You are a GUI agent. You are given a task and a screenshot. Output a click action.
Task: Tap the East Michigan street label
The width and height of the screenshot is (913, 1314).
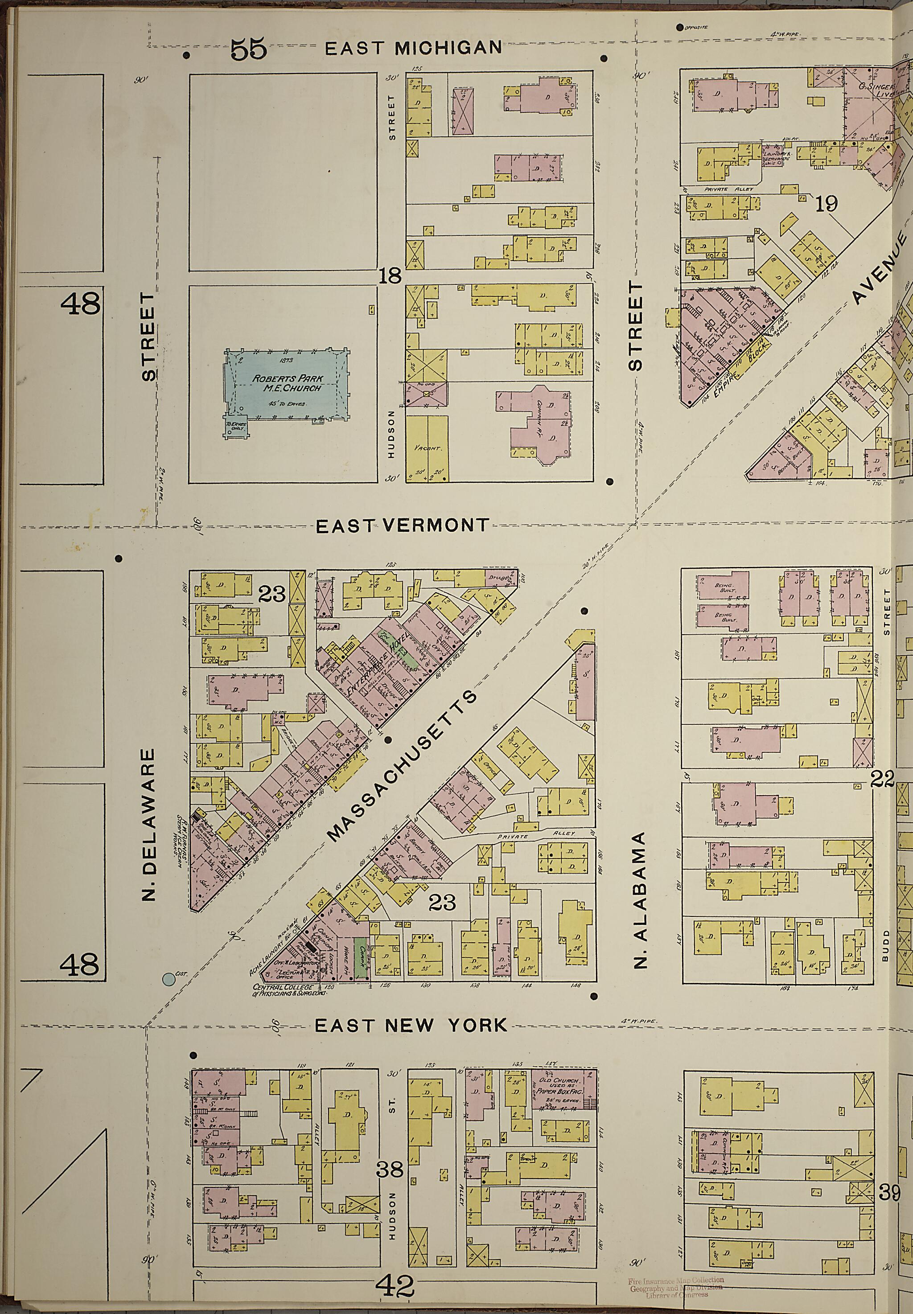[413, 48]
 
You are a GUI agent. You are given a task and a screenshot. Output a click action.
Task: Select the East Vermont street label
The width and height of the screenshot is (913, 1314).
[403, 526]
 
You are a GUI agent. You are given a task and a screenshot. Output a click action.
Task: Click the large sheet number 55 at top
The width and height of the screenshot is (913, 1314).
[249, 50]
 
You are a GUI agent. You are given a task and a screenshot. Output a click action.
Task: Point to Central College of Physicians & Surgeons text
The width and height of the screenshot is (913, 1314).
[289, 990]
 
